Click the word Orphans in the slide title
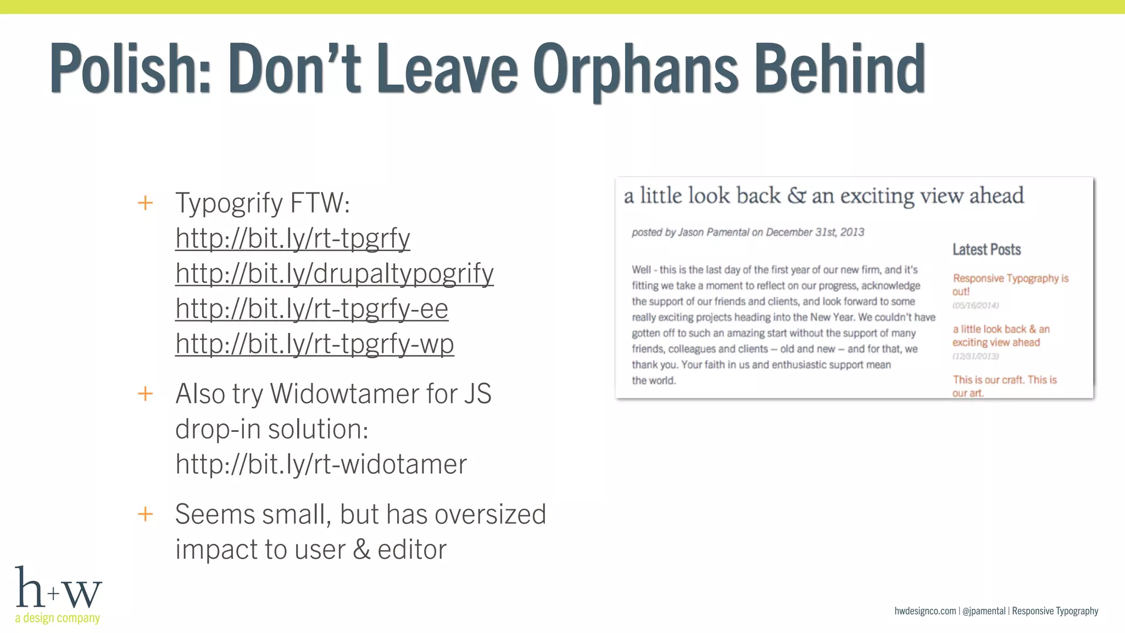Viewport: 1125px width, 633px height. (x=636, y=70)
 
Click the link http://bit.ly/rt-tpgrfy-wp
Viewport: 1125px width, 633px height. (x=314, y=344)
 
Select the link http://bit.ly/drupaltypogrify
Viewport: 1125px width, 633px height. (x=334, y=274)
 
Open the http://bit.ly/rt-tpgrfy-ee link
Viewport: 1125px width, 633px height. (x=311, y=309)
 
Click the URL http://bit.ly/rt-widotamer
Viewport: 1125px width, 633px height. (x=321, y=464)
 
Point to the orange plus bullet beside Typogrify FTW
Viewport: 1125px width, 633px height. (x=145, y=203)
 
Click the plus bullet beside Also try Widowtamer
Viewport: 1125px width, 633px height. (x=145, y=393)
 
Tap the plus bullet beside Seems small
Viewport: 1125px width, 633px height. (x=145, y=514)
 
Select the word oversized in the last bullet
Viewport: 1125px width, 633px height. (x=490, y=515)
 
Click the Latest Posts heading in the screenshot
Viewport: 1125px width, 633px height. (x=986, y=249)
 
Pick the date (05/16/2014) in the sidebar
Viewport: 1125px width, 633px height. (x=975, y=306)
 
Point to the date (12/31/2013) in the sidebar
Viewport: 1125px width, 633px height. (x=975, y=356)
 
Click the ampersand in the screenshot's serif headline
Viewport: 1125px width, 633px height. (x=796, y=196)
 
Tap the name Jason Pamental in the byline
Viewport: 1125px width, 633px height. (x=713, y=232)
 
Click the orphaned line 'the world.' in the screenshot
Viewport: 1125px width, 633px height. (x=653, y=380)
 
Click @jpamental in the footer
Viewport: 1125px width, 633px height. (x=984, y=611)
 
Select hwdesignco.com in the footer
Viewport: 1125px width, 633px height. (x=925, y=611)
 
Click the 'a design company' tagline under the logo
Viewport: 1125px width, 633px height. (x=57, y=618)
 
